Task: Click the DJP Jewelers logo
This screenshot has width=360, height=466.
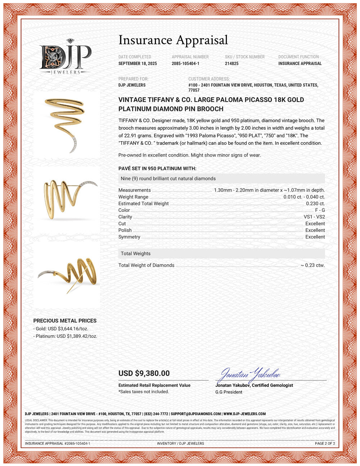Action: pos(65,57)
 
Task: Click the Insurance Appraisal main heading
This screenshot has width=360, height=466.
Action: pos(173,40)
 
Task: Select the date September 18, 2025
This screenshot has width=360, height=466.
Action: pos(138,63)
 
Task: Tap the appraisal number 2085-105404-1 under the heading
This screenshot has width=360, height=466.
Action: pos(185,63)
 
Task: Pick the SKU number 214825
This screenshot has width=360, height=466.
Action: pos(231,63)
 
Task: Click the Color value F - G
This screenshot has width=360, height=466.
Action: pos(320,210)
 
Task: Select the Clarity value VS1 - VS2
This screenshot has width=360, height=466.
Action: pos(314,217)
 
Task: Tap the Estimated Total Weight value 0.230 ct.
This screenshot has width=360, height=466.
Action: pos(315,203)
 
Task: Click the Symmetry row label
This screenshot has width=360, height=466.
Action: pos(129,237)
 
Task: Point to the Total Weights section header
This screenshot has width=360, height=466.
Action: pos(136,254)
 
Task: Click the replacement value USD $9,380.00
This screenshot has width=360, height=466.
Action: pos(144,373)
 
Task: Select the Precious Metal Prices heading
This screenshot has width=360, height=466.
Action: pos(65,321)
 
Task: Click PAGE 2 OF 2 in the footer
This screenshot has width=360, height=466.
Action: pos(325,443)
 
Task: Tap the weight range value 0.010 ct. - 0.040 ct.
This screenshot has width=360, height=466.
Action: pos(304,197)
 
